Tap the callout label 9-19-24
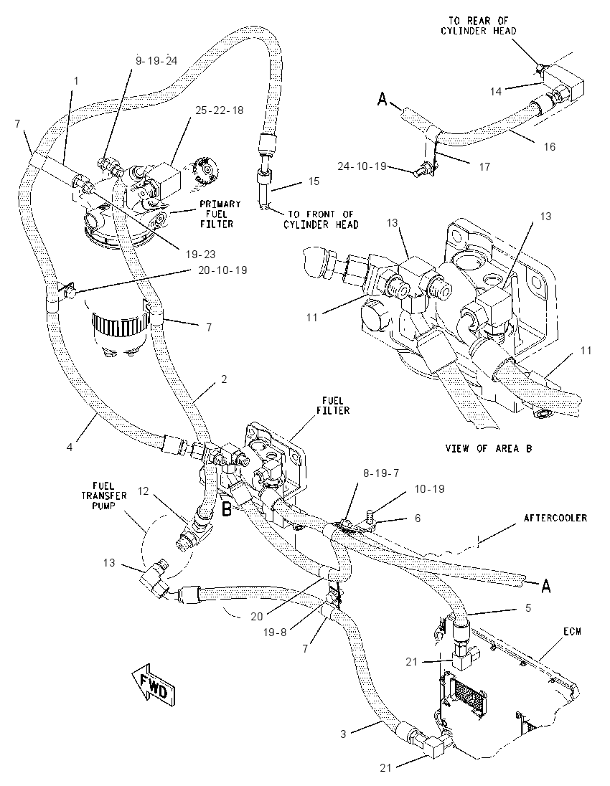tap(156, 61)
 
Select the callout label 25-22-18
tap(220, 110)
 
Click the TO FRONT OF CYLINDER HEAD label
tap(321, 219)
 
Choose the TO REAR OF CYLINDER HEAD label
tap(479, 26)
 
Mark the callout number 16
tap(550, 146)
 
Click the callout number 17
tap(484, 166)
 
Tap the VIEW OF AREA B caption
tap(489, 448)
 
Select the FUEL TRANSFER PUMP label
tap(104, 496)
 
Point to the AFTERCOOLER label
tap(555, 517)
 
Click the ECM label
tap(572, 632)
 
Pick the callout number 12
tap(144, 491)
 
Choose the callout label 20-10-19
tap(222, 270)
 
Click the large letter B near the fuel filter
tap(227, 509)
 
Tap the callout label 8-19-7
tap(381, 473)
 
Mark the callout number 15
tap(314, 181)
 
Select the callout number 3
tap(343, 734)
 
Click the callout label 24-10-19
tap(362, 166)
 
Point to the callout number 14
tap(496, 91)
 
